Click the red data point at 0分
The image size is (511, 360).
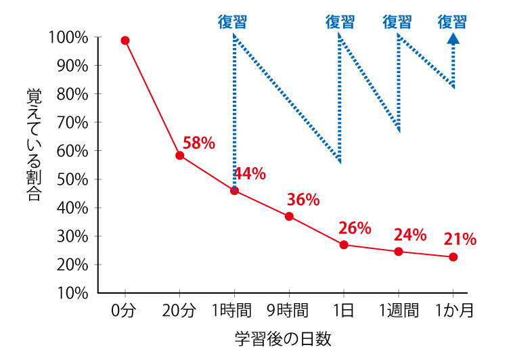(125, 41)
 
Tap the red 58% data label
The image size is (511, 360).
(198, 143)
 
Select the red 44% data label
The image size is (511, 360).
(250, 174)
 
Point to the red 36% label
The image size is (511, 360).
(303, 200)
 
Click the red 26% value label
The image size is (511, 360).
(355, 228)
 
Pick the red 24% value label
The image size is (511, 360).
(410, 235)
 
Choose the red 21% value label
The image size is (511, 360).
(460, 239)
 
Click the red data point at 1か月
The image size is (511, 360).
(453, 257)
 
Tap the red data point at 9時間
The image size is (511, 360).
(289, 217)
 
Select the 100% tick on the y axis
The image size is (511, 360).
(68, 37)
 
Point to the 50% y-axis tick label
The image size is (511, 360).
(72, 179)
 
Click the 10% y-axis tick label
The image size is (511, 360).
(72, 293)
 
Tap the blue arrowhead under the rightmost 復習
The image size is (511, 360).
(453, 39)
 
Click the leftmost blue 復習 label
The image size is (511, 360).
(232, 22)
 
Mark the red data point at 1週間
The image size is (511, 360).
(398, 252)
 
